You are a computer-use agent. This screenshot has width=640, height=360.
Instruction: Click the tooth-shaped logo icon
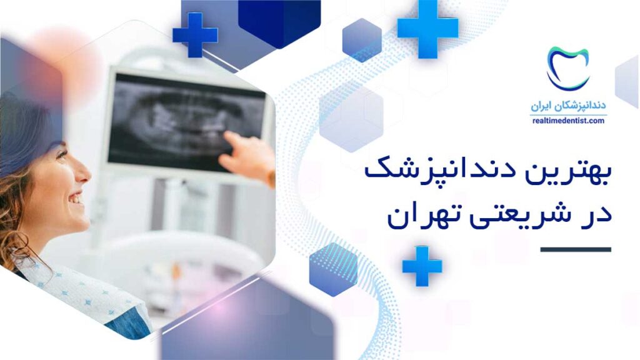coord(567,67)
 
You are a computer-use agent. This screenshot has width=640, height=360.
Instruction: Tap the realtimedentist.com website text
coord(568,121)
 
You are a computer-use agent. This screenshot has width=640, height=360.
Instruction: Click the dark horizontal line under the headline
coord(576,249)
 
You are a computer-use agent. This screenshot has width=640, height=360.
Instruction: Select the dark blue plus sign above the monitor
coord(195,35)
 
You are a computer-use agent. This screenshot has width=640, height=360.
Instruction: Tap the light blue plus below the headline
coord(422,266)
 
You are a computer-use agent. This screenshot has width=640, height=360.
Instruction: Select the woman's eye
coord(62,155)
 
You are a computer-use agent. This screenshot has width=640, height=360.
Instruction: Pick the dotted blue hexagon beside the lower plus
coord(333,269)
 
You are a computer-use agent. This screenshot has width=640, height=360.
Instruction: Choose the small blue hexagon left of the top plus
coord(362,40)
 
